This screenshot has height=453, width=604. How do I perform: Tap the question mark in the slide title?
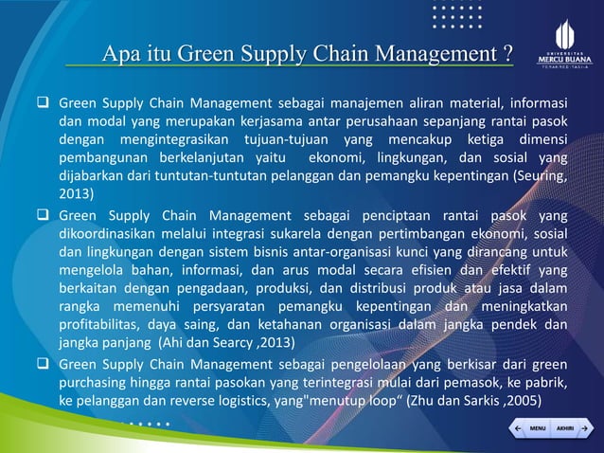508,52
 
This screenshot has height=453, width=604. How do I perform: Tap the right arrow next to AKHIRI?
585,428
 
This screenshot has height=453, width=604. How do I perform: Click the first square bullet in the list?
44,103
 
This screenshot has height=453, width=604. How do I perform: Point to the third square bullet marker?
44,363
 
